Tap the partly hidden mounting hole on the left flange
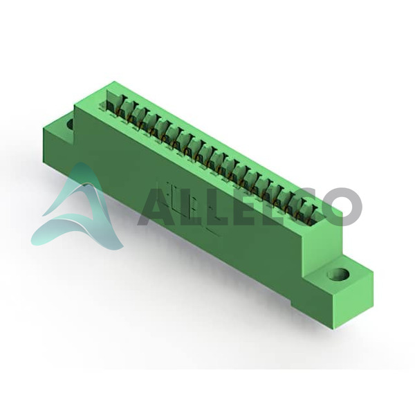[x=71, y=124]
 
